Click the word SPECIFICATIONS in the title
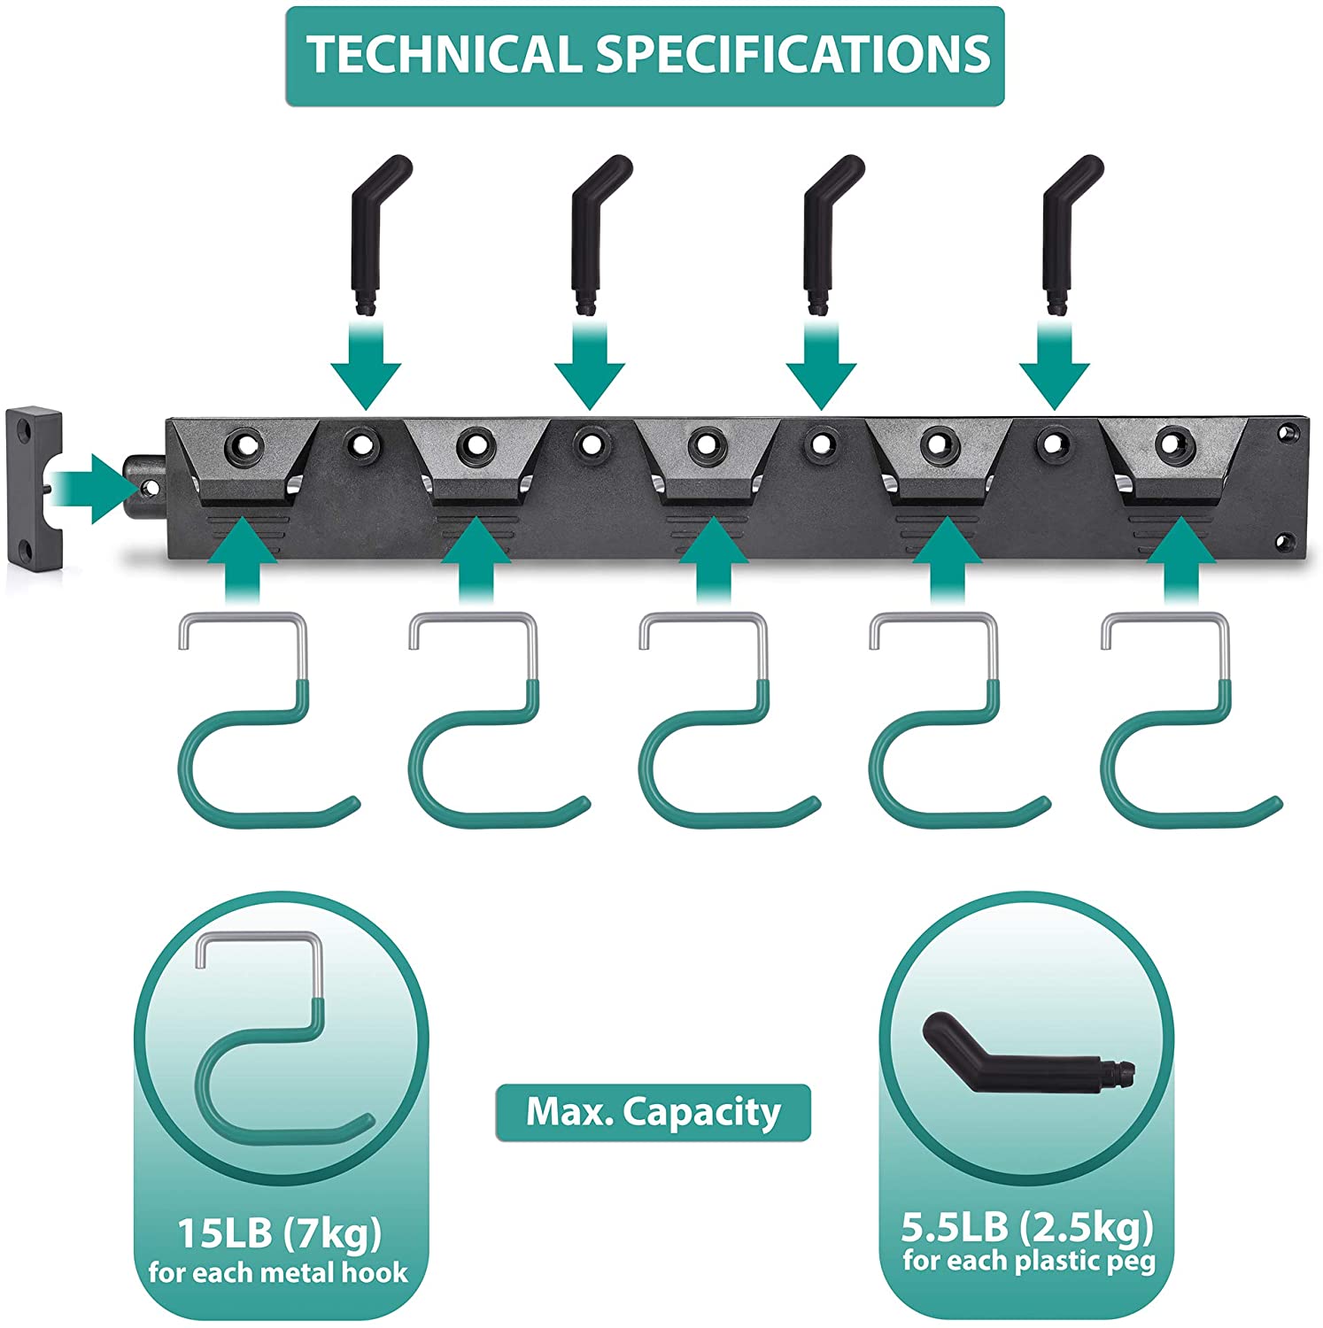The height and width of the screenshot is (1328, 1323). click(793, 55)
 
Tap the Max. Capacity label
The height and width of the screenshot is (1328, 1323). click(653, 1112)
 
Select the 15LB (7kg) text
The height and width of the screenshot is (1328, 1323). click(280, 1232)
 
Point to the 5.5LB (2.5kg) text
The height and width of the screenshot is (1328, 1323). click(1028, 1227)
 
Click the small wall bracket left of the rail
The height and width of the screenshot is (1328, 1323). click(35, 487)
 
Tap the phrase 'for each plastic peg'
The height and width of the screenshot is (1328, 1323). click(1029, 1261)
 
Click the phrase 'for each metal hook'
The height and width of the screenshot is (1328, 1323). click(278, 1274)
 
